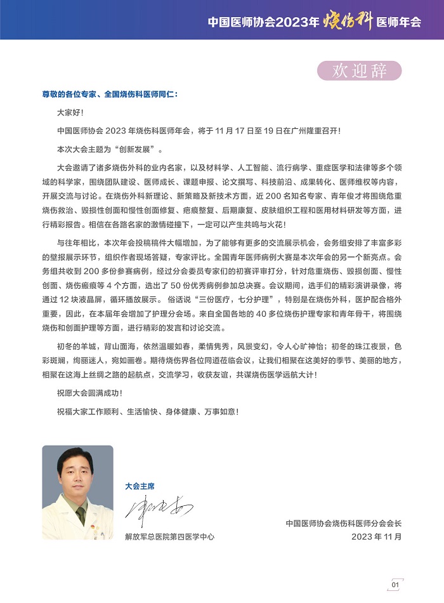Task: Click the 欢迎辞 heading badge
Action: [360, 70]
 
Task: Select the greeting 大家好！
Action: [70, 112]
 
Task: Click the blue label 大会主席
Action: [140, 486]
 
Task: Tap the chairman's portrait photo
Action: [77, 492]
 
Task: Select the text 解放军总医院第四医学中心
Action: [169, 536]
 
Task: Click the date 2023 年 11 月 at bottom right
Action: [376, 536]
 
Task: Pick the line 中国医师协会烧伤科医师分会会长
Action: [344, 523]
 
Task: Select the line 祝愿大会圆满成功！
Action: [89, 393]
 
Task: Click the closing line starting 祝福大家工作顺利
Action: [148, 411]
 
